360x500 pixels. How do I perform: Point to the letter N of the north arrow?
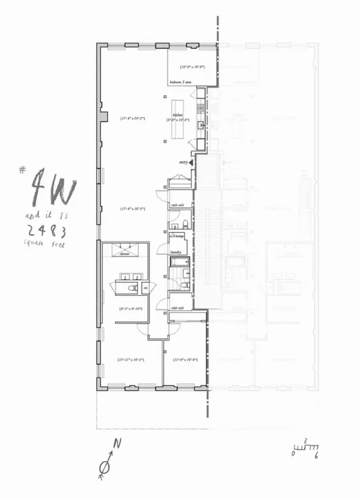118,444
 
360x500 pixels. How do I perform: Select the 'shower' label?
125,254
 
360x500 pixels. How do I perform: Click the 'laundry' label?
176,252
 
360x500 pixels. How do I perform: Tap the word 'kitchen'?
177,115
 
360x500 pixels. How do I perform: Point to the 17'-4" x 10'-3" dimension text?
132,209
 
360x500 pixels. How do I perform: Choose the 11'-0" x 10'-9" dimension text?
185,360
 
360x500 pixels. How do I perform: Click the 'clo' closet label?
146,288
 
